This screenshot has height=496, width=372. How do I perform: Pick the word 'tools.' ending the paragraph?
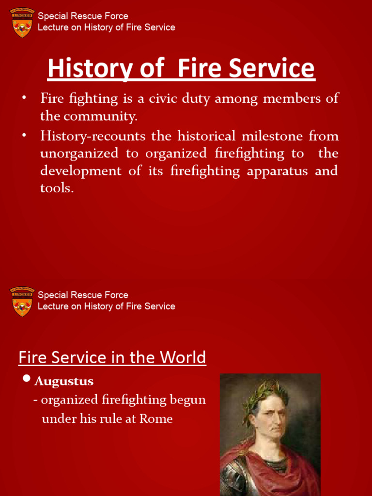pos(57,188)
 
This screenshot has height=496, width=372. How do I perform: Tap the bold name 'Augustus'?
pos(64,382)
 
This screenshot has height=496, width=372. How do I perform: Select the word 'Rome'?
pos(156,419)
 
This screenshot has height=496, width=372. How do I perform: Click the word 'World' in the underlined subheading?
pos(182,357)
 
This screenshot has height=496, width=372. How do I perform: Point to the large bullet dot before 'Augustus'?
pos(27,378)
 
